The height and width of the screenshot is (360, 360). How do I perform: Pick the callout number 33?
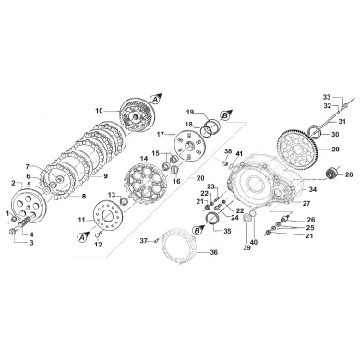pos(326,96)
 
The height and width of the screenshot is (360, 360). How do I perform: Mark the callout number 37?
pos(144,241)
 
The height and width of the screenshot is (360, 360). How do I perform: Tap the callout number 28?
pos(348,174)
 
